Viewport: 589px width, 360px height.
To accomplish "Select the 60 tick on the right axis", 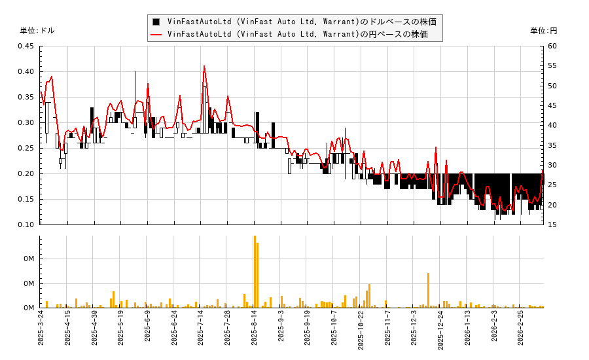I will [x=552, y=46].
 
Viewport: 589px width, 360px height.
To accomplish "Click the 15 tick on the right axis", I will [x=552, y=225].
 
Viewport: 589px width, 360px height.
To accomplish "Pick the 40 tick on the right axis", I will [x=552, y=126].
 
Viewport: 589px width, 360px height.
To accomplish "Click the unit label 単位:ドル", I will [x=37, y=31].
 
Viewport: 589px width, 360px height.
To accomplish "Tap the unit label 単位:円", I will [x=543, y=31].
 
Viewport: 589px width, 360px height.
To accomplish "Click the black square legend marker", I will [x=156, y=22].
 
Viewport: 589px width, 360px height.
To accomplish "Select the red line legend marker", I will [x=156, y=34].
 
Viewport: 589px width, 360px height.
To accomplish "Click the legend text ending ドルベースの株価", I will [x=301, y=22].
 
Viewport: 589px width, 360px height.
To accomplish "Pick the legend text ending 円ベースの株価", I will [x=297, y=34].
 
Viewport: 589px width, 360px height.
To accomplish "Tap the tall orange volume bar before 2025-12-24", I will [x=428, y=290].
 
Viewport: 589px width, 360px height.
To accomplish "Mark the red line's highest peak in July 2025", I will [x=204, y=66].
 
